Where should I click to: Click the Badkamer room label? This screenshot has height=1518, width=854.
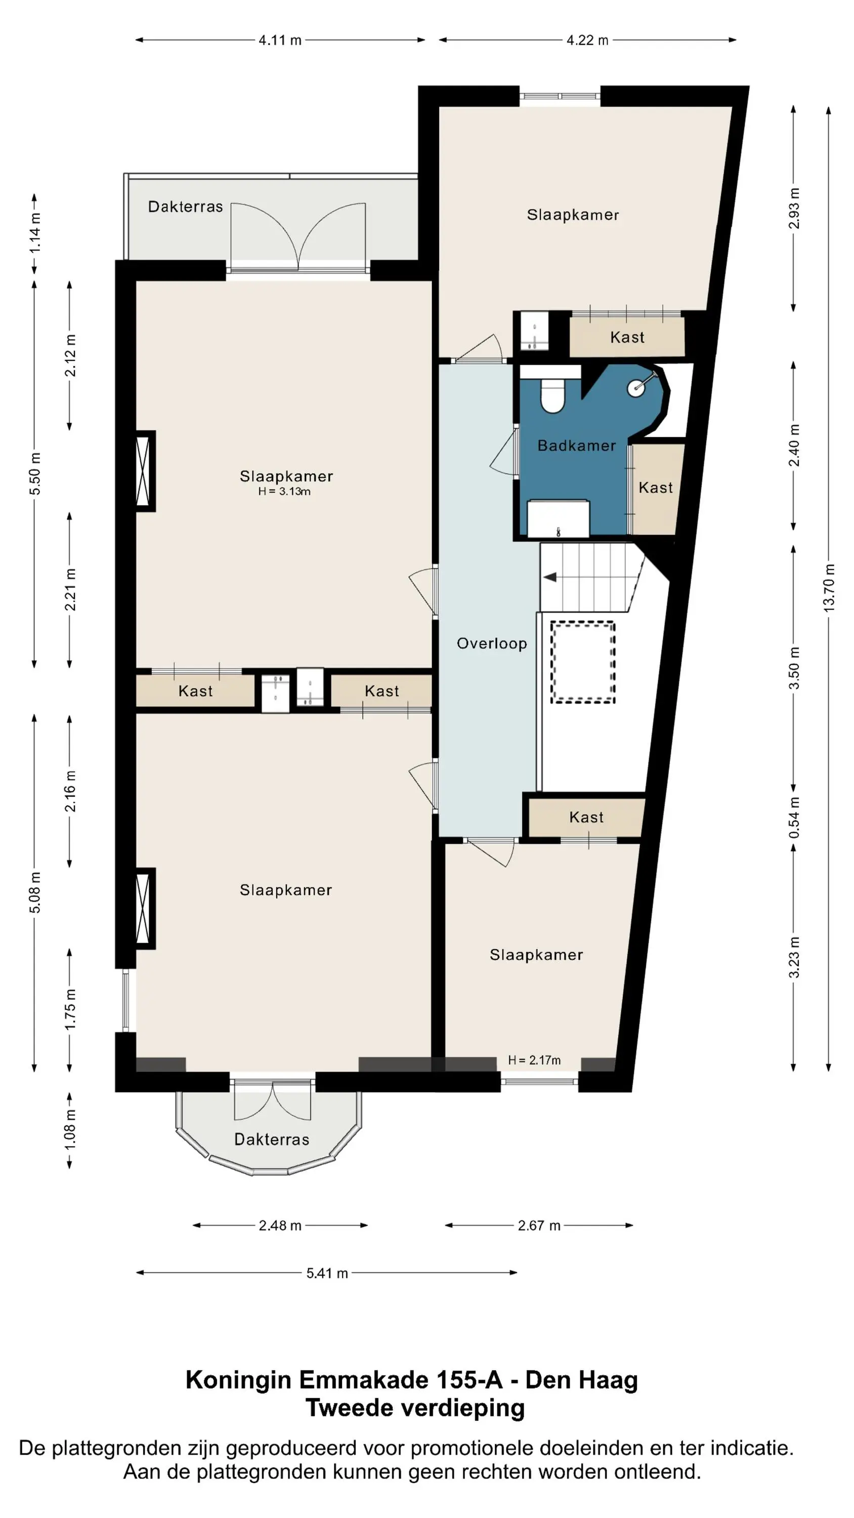[x=576, y=445]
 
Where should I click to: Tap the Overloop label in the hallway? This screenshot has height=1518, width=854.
[x=492, y=644]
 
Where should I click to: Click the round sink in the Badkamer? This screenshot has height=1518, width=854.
[x=636, y=388]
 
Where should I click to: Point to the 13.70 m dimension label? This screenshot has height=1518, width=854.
[x=829, y=587]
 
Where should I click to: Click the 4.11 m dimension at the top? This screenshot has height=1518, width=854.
[x=280, y=40]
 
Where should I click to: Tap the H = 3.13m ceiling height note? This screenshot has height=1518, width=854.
[x=284, y=491]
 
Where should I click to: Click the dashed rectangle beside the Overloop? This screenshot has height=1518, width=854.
[x=583, y=662]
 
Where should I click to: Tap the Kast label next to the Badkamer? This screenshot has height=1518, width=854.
[x=655, y=488]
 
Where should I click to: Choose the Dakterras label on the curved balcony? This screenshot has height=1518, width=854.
[x=272, y=1139]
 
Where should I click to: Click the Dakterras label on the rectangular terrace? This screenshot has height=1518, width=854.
[x=185, y=207]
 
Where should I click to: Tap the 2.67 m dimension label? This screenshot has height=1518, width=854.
[x=539, y=1226]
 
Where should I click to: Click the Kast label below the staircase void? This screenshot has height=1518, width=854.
[x=586, y=817]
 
